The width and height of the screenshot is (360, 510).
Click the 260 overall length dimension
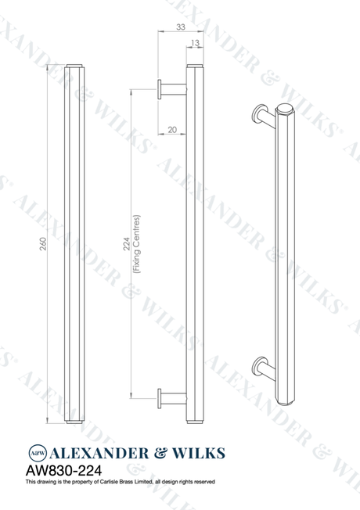coord(43,244)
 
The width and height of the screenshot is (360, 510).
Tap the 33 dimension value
coord(181,27)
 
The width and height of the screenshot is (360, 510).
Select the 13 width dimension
coord(195,43)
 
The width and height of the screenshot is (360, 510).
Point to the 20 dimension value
coord(172,130)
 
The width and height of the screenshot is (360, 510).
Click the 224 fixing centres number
coord(127,244)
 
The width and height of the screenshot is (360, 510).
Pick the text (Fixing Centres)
coord(136,244)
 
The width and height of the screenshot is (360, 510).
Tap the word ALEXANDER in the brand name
coord(99,454)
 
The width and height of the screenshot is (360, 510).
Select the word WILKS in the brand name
coord(198,454)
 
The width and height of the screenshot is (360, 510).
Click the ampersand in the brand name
coord(160,454)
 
